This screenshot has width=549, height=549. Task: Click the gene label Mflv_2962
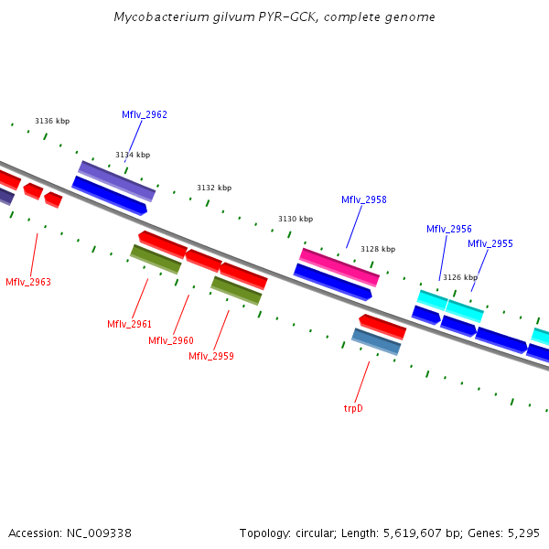point(145,114)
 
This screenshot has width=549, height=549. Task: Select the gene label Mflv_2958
point(364,199)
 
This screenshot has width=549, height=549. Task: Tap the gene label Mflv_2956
point(449,229)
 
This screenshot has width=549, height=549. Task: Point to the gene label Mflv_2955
point(490,243)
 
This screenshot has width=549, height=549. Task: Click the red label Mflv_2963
point(28,282)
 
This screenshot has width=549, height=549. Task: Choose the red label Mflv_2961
point(129,324)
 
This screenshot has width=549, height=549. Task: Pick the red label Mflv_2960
point(171,340)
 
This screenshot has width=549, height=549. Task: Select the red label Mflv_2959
point(211,356)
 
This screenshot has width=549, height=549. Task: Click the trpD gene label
point(353,408)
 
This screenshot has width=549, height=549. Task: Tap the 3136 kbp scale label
point(52,121)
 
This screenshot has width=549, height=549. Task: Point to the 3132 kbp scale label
point(214,188)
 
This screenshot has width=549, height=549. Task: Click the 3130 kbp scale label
point(296,219)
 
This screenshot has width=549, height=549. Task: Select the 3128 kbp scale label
point(378,249)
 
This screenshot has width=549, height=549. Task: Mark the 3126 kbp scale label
point(460,277)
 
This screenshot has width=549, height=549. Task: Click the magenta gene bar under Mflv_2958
point(339,266)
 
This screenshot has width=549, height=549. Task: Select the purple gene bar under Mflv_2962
point(117,180)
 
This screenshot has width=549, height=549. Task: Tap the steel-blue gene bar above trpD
point(376,341)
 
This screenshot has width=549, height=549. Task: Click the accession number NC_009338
point(99,533)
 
